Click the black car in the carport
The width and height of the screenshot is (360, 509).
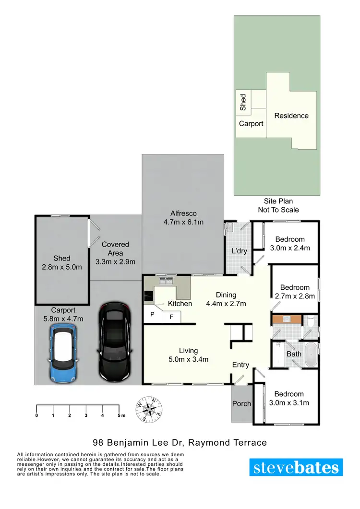point(115,342)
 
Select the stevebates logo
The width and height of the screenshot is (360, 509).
point(296,467)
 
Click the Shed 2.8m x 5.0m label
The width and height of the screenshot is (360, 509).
point(62,263)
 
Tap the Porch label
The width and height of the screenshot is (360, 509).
point(241,403)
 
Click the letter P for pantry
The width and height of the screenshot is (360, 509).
point(152,315)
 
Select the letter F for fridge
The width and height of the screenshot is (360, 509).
point(171,316)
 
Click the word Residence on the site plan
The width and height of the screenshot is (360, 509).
point(291,116)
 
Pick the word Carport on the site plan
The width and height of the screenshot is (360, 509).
point(251,124)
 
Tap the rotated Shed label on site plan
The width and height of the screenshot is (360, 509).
point(243,102)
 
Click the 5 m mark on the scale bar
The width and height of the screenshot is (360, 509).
point(120,415)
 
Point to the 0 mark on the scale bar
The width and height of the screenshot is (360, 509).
point(36,415)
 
